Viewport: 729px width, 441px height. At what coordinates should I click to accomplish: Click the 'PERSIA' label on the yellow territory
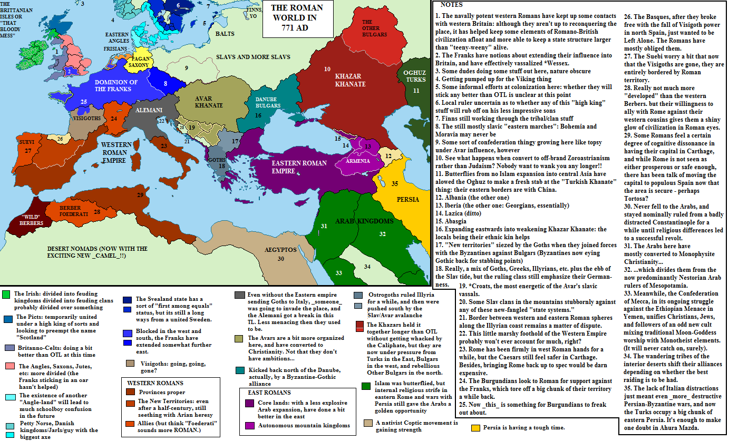409,200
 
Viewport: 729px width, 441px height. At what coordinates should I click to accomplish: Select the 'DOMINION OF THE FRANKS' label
116,85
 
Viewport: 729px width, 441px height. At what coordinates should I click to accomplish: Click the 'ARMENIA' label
358,161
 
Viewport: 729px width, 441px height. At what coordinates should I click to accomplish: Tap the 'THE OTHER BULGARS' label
374,28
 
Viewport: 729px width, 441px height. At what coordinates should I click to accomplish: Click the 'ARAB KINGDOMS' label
364,221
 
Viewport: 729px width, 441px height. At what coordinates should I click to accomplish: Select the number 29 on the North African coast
140,195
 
